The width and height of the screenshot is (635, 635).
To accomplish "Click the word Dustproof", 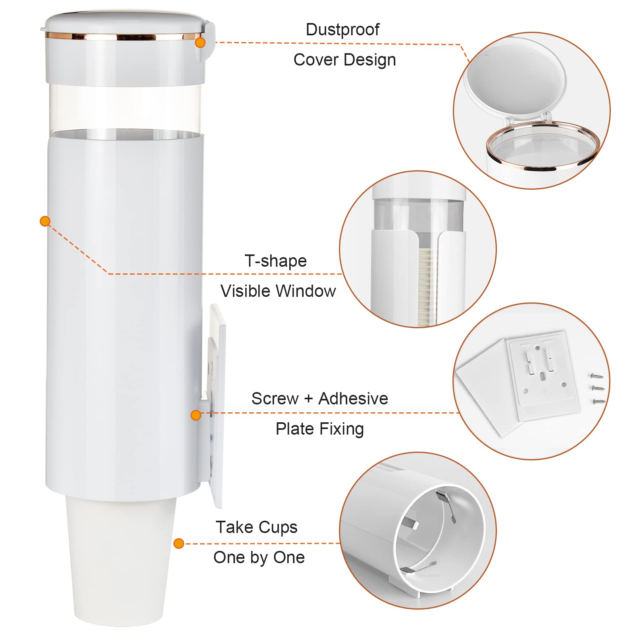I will pos(343,30).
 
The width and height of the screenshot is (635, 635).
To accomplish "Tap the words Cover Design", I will pos(344,60).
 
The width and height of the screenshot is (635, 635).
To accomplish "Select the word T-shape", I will pos(276,261).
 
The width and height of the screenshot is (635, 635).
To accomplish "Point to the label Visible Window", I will pos(278,291).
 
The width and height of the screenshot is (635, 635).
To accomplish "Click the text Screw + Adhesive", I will pos(320,398).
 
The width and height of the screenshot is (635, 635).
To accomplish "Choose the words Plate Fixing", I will pos(320,429).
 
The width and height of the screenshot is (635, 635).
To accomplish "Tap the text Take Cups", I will pos(257,527).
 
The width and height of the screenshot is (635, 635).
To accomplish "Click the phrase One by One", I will pos(259,558).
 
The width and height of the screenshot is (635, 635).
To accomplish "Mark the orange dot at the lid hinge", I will pos(200,42).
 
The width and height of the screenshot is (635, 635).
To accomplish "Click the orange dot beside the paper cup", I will pos(179,543).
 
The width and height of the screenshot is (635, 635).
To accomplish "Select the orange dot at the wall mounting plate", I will pos(196,415).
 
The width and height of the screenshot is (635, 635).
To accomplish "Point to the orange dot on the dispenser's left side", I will pos(45,221).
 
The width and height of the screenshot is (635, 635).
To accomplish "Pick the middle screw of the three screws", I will pos(598,388).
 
